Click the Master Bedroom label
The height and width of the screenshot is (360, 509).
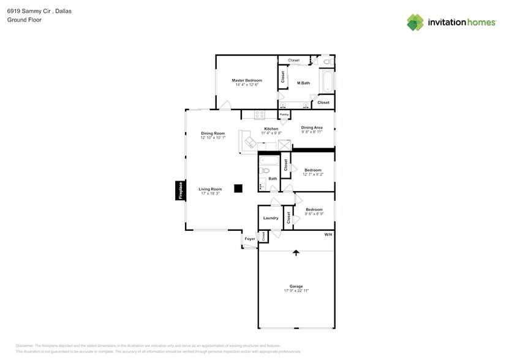[x=246, y=80]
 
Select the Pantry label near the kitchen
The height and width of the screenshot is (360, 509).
[x=284, y=114]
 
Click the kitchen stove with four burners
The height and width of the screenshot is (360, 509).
[x=259, y=113]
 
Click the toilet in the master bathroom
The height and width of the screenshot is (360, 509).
[x=326, y=62]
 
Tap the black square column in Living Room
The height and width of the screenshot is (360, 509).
[x=239, y=188]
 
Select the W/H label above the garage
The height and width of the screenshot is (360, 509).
[x=328, y=234]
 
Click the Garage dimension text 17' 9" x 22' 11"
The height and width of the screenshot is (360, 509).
[x=296, y=290]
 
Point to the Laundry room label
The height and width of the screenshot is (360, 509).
[x=271, y=218]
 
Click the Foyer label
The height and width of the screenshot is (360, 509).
[x=250, y=239]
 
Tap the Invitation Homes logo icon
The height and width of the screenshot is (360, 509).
[x=415, y=23]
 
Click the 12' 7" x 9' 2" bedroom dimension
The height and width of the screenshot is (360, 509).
[x=313, y=174]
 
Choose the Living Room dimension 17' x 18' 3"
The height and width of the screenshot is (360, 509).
[x=210, y=194]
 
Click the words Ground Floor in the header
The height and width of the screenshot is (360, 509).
[x=20, y=20]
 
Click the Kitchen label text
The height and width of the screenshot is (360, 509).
[x=271, y=129]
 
